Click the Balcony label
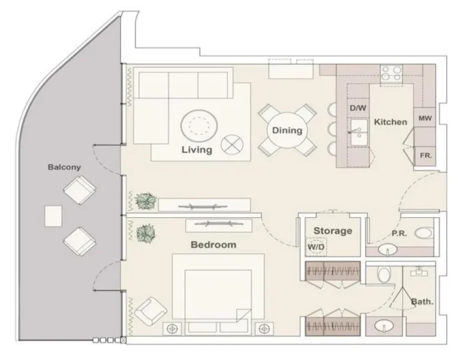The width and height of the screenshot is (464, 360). pos(64,167)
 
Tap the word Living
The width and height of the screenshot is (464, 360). pos(197,150)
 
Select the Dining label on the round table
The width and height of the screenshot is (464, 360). pos(287,130)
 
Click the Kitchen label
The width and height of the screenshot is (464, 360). pos(390,122)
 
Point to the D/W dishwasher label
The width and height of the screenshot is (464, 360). pos(357,108)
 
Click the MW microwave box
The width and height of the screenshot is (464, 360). pos(425,118)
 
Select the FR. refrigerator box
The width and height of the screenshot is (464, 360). pos(426,155)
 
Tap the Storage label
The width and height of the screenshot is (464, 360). pos(333,230)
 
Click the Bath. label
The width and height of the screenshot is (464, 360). pos(422,301)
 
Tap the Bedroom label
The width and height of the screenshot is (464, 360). pos(213,245)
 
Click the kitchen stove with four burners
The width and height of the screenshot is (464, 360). pos(392,73)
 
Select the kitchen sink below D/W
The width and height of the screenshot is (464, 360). pos(358,133)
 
